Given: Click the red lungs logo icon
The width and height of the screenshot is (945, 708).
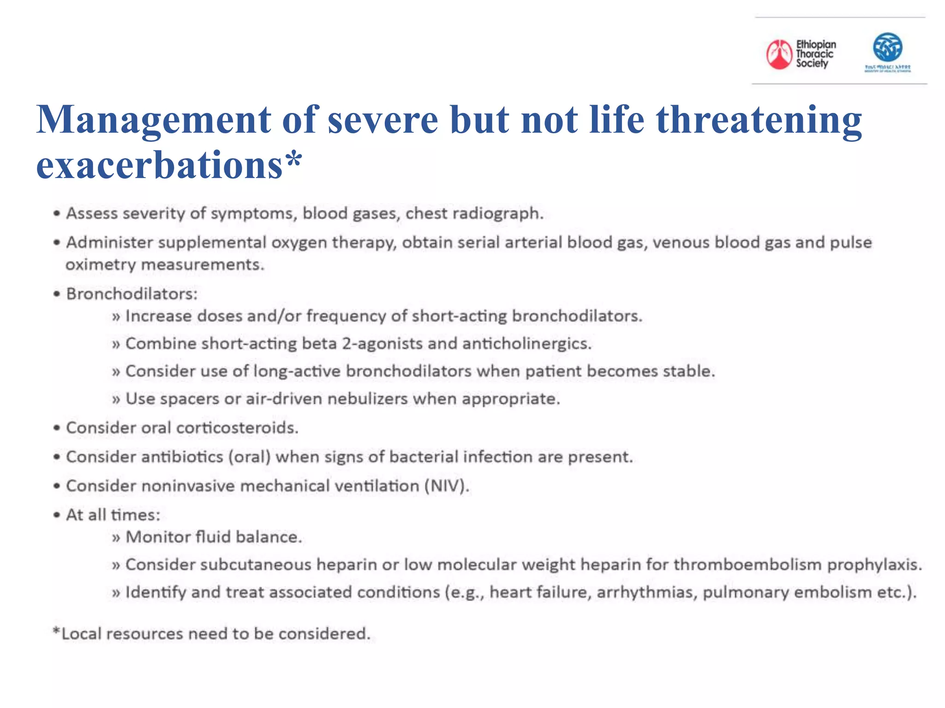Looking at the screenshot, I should [x=779, y=54].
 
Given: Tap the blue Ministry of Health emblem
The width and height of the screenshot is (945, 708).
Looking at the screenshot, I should [x=887, y=47].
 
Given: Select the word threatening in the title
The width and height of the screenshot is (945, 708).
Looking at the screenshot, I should [x=759, y=120].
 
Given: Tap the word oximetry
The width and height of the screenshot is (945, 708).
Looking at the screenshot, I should [x=101, y=265].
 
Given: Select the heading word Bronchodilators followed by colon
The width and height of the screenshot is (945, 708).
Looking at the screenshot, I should [x=132, y=294].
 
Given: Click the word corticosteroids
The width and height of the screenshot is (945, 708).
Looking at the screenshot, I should [x=237, y=428].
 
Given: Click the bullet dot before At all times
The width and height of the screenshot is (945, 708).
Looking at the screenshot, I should [x=56, y=515].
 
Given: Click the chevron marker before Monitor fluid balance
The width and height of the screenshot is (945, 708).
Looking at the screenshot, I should [x=116, y=537].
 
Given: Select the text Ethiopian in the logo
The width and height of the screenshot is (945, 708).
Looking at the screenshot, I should [x=816, y=44].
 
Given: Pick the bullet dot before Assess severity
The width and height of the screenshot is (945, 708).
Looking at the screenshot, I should [x=56, y=213].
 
